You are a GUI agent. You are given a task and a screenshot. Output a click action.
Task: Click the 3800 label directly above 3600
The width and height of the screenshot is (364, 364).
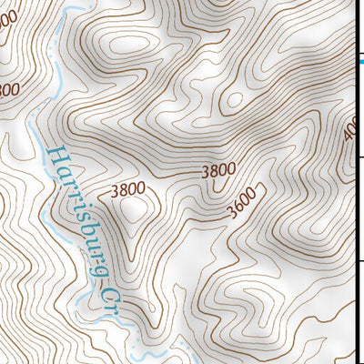point(218,169)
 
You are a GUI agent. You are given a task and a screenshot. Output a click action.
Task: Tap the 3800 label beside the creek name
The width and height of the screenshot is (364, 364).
point(126,191)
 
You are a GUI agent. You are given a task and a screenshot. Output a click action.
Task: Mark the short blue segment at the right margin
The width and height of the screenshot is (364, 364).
point(360,62)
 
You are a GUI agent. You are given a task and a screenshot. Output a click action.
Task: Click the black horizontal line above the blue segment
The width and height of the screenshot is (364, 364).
point(359,50)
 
